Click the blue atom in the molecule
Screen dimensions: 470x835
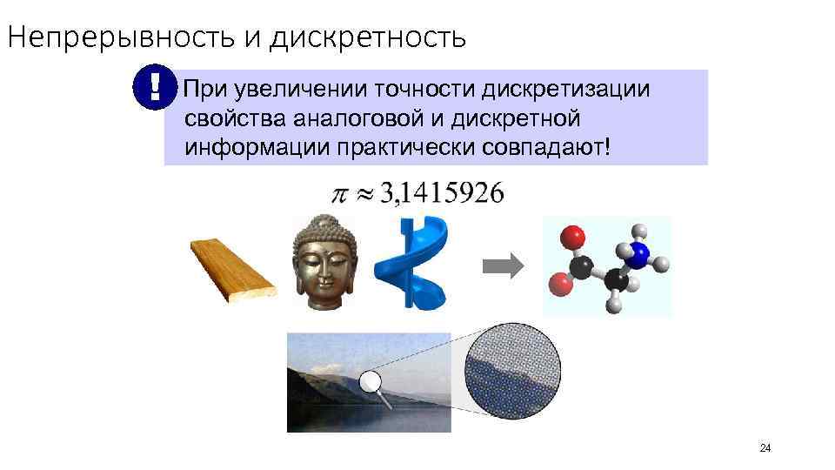click(639, 254)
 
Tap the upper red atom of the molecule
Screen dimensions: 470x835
click(571, 237)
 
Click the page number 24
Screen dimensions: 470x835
click(765, 448)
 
